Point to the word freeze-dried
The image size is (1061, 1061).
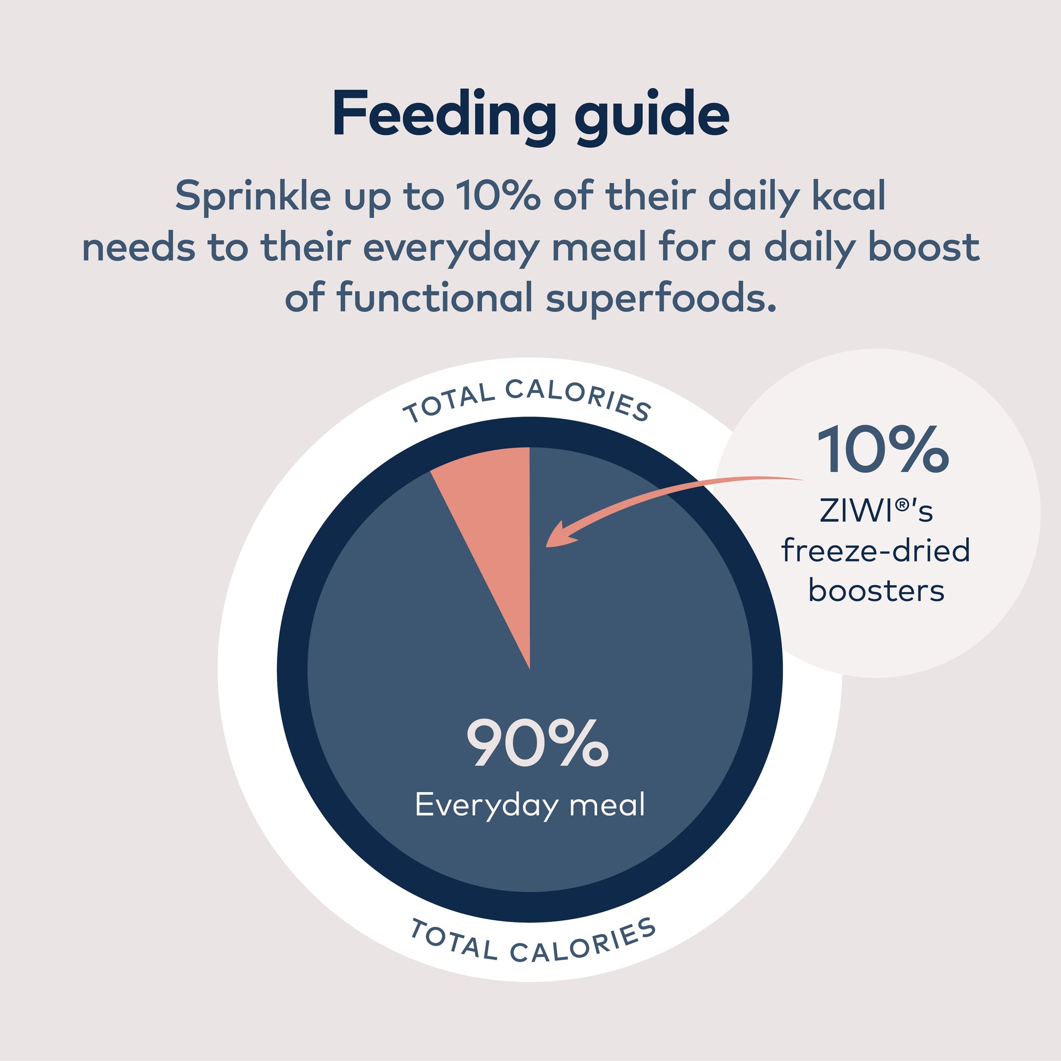[876, 551]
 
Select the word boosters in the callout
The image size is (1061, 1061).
[876, 591]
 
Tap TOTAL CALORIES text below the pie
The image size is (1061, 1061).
[533, 942]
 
